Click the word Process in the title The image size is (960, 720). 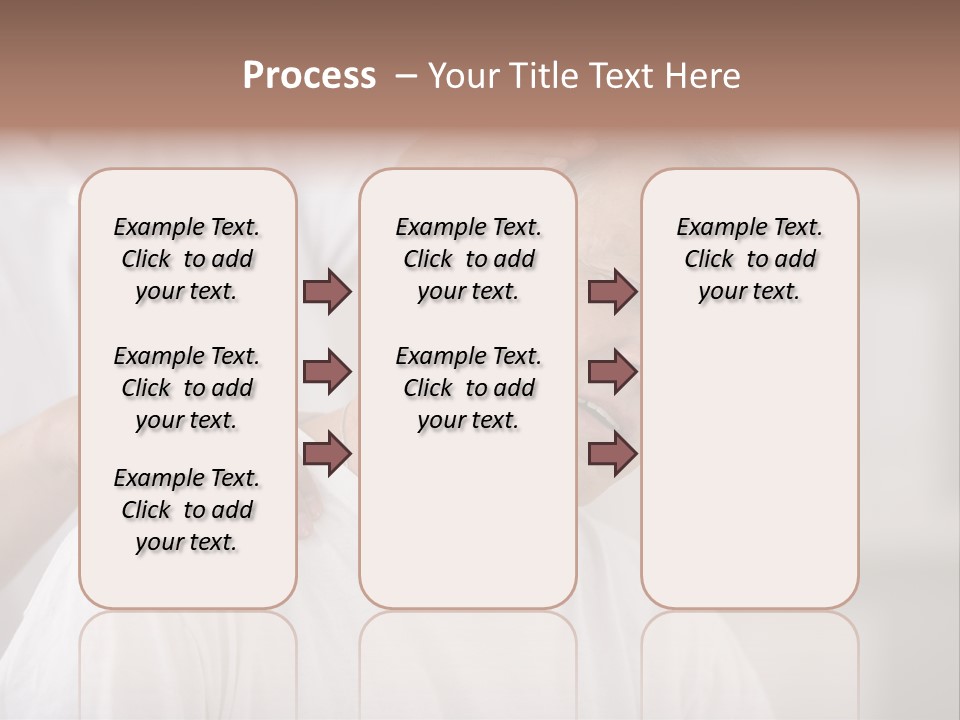click(x=309, y=75)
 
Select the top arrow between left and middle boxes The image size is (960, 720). click(x=327, y=292)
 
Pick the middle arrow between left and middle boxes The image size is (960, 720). click(x=327, y=372)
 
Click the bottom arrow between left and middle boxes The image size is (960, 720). click(x=327, y=453)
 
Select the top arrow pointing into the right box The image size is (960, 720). click(x=612, y=292)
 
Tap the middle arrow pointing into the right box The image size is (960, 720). click(x=612, y=372)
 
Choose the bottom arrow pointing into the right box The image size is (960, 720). click(x=612, y=453)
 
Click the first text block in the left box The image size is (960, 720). click(x=187, y=259)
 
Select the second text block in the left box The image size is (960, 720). click(x=187, y=388)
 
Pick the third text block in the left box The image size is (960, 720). click(x=187, y=510)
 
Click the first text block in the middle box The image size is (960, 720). click(x=468, y=259)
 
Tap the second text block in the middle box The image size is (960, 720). click(x=468, y=388)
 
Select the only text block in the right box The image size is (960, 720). click(x=749, y=259)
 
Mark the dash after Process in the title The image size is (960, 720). click(x=405, y=76)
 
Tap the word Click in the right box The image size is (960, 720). click(x=709, y=260)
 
